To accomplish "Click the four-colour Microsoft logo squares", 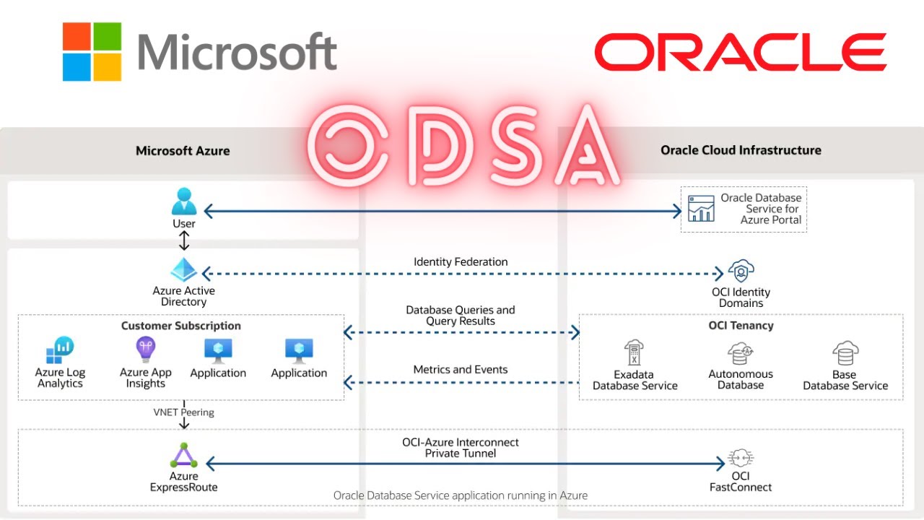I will click(92, 51).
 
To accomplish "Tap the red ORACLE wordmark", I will click(740, 53).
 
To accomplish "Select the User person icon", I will click(184, 201).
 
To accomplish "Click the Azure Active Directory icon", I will click(184, 270).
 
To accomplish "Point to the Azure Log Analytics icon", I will click(60, 351).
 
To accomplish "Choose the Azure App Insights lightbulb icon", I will click(146, 350).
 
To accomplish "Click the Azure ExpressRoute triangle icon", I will click(183, 456).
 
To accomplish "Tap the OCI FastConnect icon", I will click(741, 459).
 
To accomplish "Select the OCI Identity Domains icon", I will click(741, 272).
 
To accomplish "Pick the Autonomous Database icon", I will click(741, 353).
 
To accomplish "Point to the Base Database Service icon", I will click(845, 354).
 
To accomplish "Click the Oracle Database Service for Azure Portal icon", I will click(700, 209).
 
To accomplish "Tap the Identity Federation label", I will click(461, 262).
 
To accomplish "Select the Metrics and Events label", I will click(461, 370).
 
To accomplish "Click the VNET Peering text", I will click(183, 412).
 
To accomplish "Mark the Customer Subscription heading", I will click(181, 326).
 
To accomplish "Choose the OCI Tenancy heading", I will click(741, 326).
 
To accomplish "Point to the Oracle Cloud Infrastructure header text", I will click(741, 150).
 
